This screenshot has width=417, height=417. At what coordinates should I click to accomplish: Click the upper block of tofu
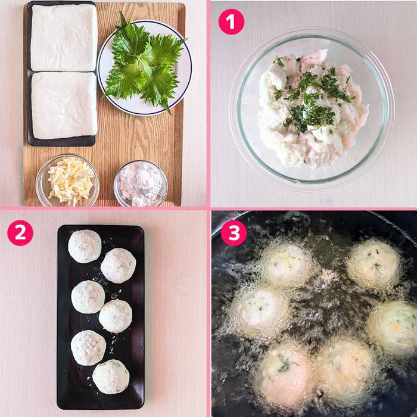pos(63,37)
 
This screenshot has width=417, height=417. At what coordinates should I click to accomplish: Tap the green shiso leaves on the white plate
pos(142,63)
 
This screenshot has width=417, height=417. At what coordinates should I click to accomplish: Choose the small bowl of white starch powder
pos(140,183)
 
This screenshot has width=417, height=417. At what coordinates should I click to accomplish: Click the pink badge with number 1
pos(231,22)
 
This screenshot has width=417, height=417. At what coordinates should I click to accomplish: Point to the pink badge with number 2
pos(20,233)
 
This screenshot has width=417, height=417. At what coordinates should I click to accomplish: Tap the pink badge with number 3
pos(234,233)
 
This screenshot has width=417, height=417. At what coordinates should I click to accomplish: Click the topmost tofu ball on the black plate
pos(85,246)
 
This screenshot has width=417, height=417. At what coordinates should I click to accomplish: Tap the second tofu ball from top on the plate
pos(118,265)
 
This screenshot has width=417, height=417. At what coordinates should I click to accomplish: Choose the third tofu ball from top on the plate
pos(88,297)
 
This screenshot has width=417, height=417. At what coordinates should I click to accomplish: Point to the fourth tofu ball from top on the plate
pos(116,316)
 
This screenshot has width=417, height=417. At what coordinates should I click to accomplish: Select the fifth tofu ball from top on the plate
pos(88,347)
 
